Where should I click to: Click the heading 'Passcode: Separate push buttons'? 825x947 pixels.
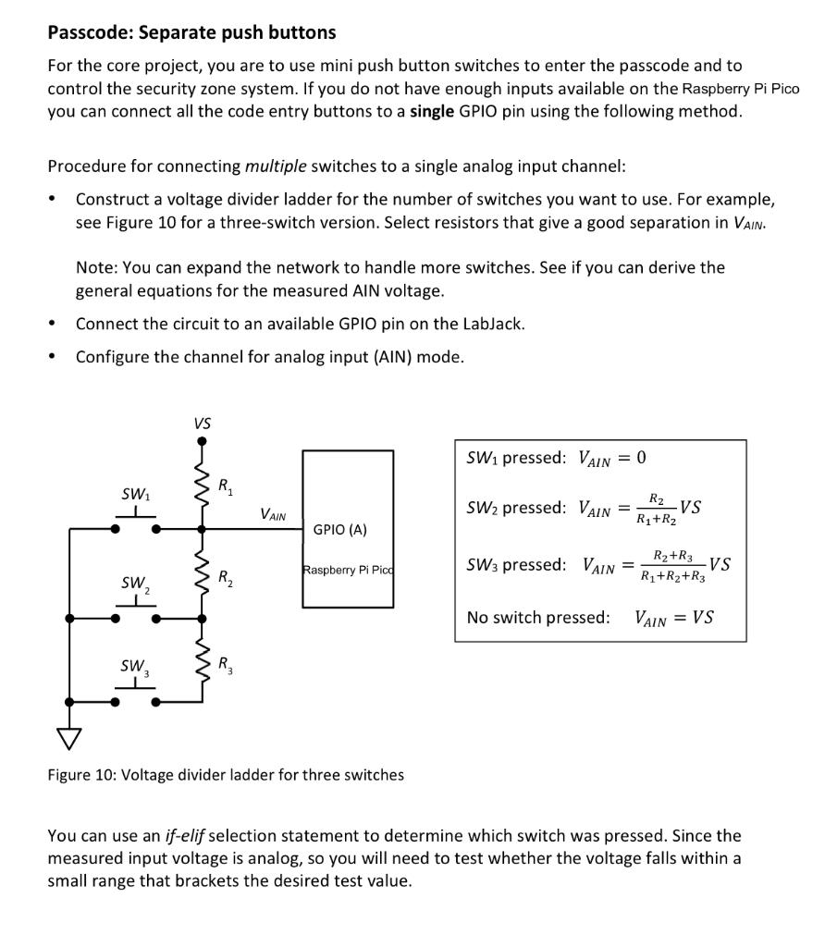point(191,32)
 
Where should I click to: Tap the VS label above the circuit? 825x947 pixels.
point(202,424)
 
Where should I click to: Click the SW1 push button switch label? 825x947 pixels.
point(135,495)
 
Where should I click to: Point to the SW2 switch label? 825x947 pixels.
point(135,584)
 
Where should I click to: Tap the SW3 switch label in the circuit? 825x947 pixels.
point(135,666)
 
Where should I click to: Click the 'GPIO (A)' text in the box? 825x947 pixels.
point(339,530)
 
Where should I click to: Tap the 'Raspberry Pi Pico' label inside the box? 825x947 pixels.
point(348,571)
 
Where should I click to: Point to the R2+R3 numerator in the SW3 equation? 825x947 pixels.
point(672,556)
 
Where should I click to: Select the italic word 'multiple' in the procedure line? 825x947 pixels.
point(276,166)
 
